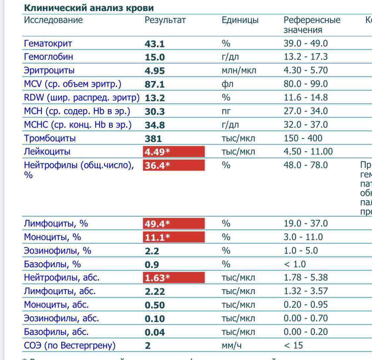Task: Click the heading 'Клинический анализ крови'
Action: [89, 8]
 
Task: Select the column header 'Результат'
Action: [165, 20]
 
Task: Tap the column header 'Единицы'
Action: [240, 20]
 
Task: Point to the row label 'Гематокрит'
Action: [48, 43]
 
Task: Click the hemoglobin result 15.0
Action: [155, 57]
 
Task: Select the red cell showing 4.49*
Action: [174, 152]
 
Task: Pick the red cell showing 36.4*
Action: [174, 165]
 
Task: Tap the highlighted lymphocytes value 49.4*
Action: [174, 224]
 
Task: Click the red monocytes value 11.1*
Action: [174, 237]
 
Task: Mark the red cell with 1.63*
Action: [174, 278]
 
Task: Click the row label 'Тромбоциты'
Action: [50, 138]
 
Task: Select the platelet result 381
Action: [153, 139]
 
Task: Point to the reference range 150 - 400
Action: [303, 138]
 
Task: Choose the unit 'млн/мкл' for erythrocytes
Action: [239, 71]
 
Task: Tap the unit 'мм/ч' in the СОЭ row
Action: [232, 346]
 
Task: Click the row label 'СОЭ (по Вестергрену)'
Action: [70, 346]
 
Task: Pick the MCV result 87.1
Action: [155, 85]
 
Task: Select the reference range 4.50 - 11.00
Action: [308, 152]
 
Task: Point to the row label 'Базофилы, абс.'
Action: [56, 332]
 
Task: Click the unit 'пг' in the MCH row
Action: [226, 111]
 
